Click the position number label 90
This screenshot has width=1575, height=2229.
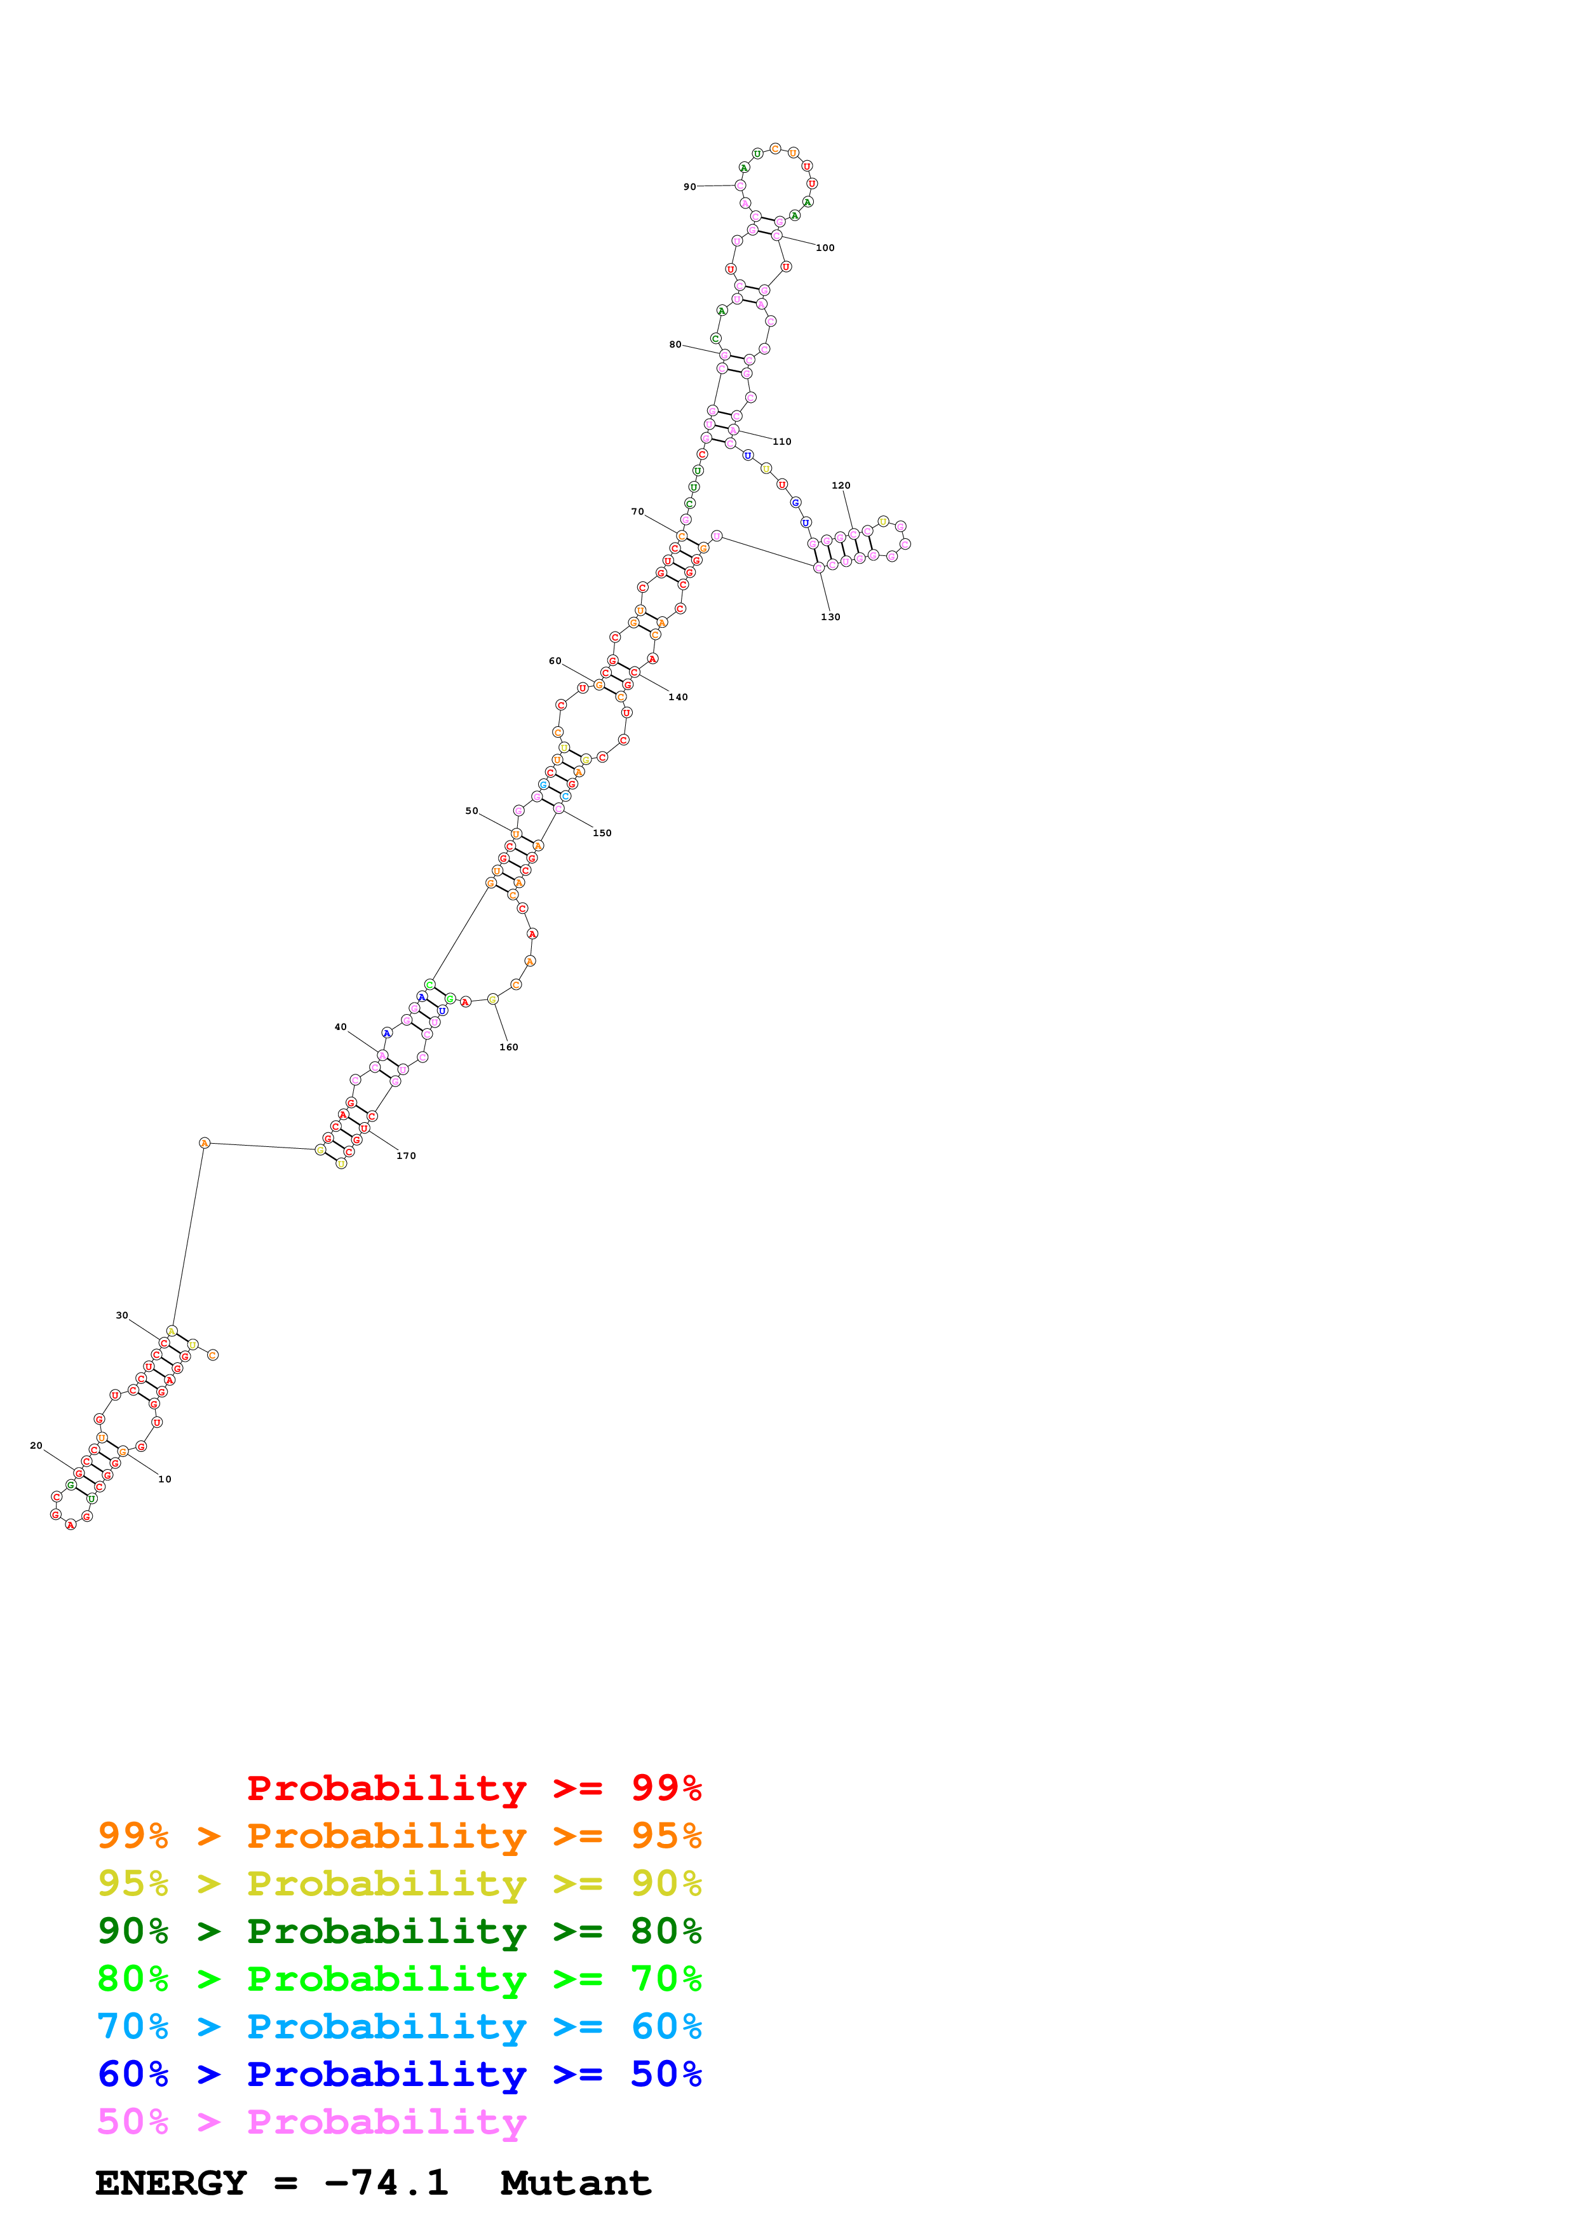tap(689, 186)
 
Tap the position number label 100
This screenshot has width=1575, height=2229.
tap(825, 248)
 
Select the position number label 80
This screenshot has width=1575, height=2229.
tap(675, 344)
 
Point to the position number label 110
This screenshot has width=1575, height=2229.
tap(781, 442)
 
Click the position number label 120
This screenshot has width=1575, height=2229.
tap(841, 485)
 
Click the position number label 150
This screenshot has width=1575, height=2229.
tap(602, 833)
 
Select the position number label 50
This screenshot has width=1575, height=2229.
tap(471, 811)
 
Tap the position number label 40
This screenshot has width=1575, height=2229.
tap(340, 1026)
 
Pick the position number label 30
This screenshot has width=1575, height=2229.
tap(121, 1315)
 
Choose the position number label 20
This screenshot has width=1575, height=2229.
tap(36, 1446)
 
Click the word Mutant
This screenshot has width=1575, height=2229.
tap(576, 2183)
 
